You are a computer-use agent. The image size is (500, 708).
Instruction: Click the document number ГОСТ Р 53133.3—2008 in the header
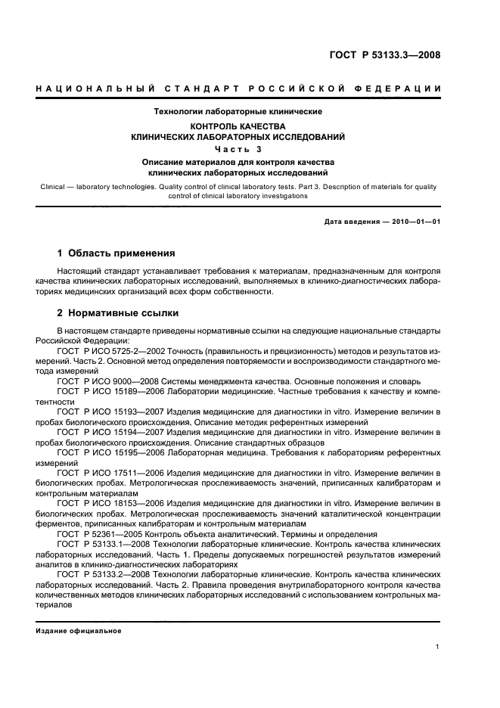(386, 55)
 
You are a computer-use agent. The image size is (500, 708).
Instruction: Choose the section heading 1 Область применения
(116, 253)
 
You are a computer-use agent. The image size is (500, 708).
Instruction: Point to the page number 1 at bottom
(438, 647)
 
